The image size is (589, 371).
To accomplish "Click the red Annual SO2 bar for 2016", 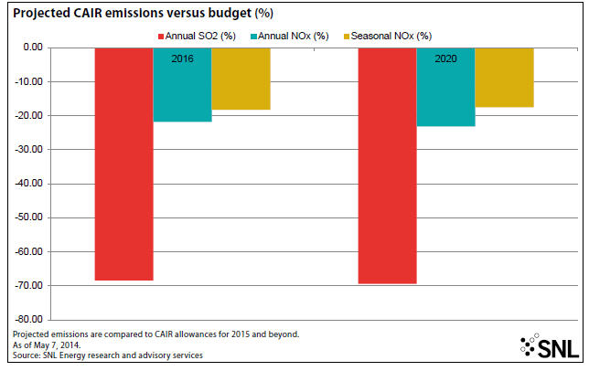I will point(124,164).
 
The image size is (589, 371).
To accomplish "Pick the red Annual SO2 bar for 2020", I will point(387,165).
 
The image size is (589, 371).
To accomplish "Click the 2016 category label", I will point(183,57).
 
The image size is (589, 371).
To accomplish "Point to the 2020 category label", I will point(445,57).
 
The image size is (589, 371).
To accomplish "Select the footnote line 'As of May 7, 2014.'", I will point(48,344).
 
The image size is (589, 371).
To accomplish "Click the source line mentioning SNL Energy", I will point(107,355).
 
